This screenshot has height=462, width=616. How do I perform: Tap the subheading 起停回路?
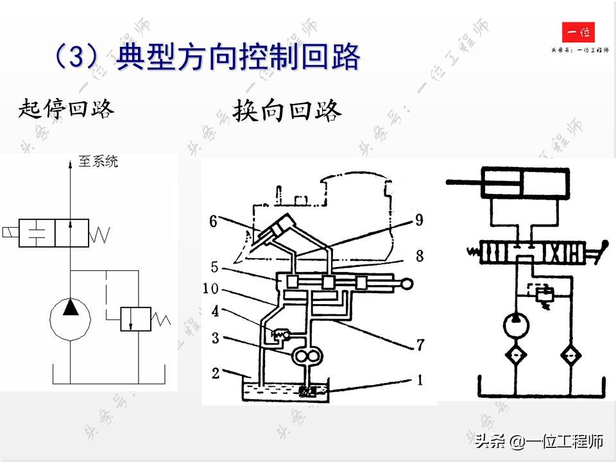click(67, 109)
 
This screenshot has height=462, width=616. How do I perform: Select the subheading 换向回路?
click(287, 110)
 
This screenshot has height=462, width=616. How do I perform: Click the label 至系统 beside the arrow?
click(98, 162)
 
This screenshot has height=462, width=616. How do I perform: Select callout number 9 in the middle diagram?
click(419, 220)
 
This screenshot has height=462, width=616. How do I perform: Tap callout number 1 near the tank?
click(420, 380)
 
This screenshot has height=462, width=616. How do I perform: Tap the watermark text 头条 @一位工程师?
click(539, 441)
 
